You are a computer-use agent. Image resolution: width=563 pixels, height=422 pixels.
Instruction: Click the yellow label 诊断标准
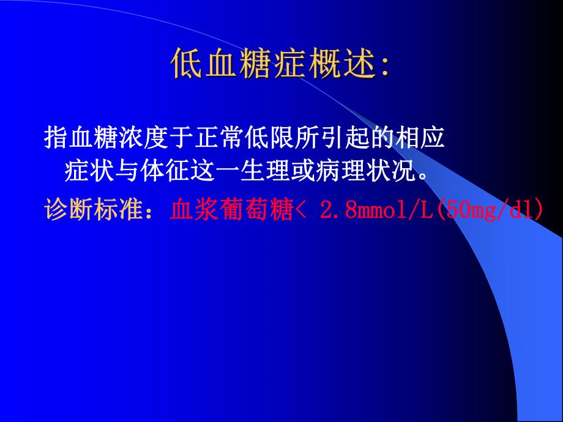click(85, 209)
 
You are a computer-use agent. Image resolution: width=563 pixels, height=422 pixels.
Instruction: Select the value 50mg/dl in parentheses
click(489, 209)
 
